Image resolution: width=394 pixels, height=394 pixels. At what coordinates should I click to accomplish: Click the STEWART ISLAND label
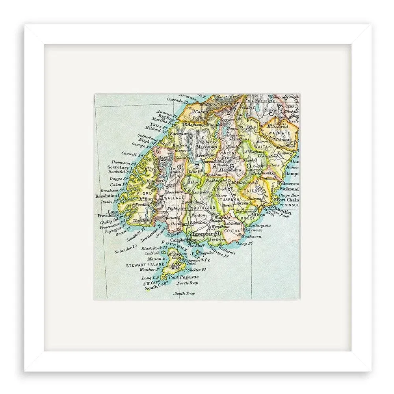tap(141, 266)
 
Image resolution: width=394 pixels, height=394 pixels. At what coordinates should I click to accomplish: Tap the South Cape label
tap(154, 288)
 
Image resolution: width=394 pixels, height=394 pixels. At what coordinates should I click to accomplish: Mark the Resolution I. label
tap(107, 195)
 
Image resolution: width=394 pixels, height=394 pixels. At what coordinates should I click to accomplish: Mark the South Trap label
tap(185, 294)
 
